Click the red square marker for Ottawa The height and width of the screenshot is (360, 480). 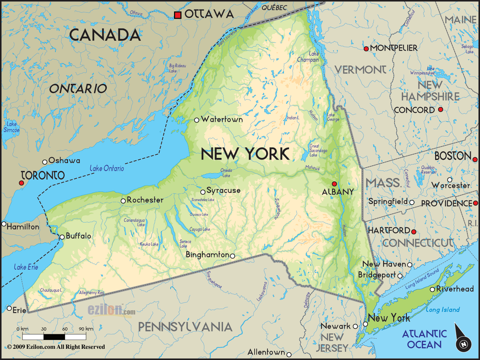(177, 15)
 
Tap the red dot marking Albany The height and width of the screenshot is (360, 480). (335, 184)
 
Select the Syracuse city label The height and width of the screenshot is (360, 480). (223, 191)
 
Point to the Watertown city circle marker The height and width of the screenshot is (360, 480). (196, 120)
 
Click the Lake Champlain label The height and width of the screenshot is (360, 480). (309, 57)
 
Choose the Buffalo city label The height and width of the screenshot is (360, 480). (79, 236)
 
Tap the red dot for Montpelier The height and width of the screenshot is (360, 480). (366, 49)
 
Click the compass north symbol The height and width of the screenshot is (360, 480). (463, 343)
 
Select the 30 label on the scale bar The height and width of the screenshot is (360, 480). (44, 329)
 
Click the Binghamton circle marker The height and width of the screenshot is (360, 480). (233, 256)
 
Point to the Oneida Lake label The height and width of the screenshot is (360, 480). (226, 173)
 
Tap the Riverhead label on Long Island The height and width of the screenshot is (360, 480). (455, 289)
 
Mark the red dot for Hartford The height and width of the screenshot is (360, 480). (414, 232)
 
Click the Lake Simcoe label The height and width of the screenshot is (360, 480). (12, 127)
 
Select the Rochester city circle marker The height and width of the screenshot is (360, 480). (123, 201)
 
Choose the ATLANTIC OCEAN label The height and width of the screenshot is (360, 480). (425, 339)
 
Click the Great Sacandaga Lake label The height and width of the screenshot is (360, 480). (318, 150)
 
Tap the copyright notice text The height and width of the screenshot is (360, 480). (56, 347)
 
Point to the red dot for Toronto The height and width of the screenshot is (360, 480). (21, 183)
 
